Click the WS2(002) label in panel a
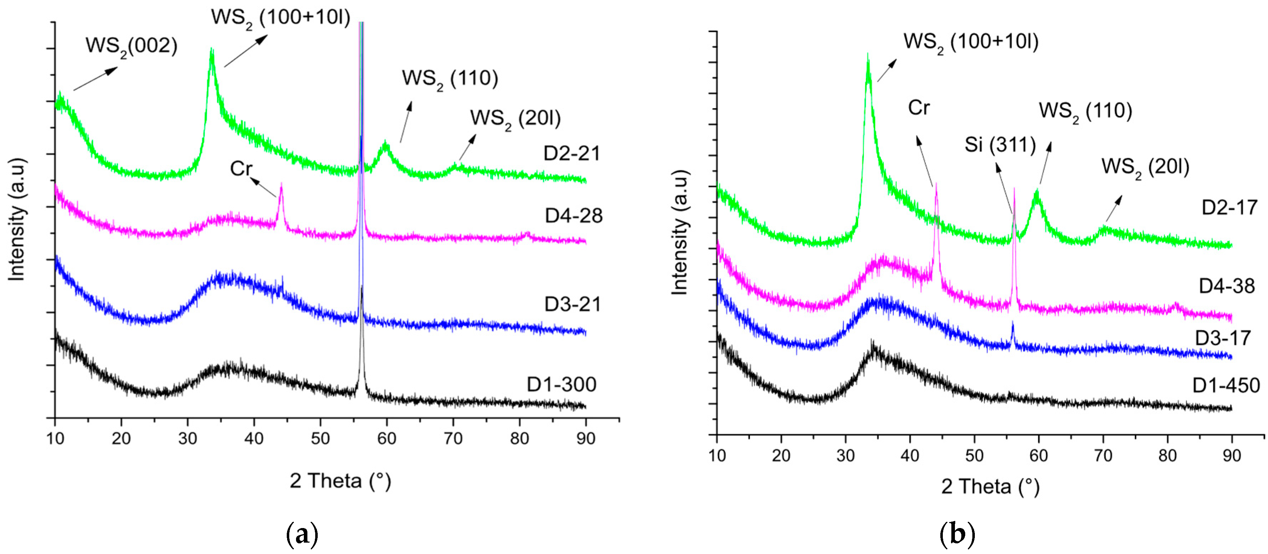point(131,46)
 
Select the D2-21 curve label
point(571,154)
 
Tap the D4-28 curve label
point(574,215)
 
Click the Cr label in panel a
point(241,169)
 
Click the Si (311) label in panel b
point(1000,145)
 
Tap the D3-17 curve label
point(1223,338)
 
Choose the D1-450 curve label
point(1226,385)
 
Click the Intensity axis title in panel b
point(680,233)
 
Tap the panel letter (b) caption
point(957,534)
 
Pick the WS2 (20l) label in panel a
point(515,118)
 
